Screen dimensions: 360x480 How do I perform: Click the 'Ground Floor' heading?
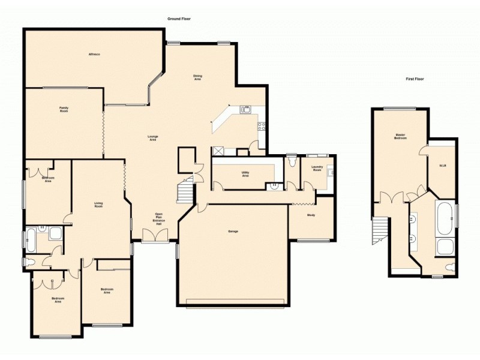tap(179, 19)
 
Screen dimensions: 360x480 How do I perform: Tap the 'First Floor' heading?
tap(415, 79)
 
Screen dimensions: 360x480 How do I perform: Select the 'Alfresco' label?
tap(94, 55)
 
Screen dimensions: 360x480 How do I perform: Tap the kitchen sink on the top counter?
tap(245, 109)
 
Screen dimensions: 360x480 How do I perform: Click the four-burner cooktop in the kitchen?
tap(262, 126)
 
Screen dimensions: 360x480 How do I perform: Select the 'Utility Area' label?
tap(245, 174)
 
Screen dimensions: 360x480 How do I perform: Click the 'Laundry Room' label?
tap(317, 169)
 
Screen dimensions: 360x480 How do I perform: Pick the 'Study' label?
tap(311, 215)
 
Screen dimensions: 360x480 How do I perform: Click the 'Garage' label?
tap(233, 231)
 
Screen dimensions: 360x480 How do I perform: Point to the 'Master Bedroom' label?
tap(401, 136)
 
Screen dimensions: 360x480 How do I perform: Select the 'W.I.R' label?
tap(442, 166)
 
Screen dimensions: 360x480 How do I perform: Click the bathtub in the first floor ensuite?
tap(445, 218)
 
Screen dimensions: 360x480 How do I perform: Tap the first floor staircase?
tap(379, 230)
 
